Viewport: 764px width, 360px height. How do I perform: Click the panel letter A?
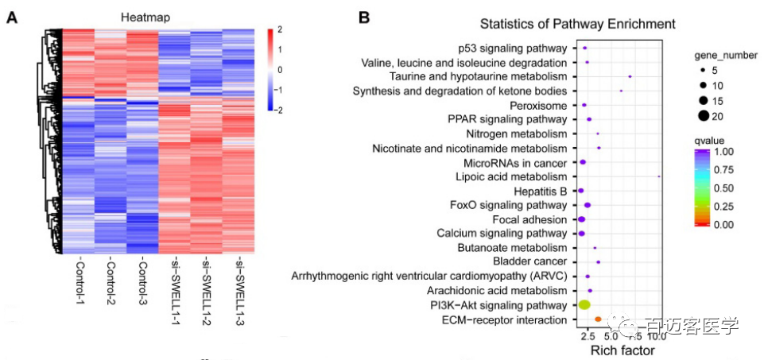[13, 17]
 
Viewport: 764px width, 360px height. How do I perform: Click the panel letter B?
[363, 17]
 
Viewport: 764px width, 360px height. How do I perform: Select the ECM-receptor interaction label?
[506, 319]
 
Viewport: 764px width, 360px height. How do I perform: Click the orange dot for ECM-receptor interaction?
[599, 319]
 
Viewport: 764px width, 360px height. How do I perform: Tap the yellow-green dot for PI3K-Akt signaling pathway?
[584, 305]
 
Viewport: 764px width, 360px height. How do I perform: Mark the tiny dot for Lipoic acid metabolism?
[659, 176]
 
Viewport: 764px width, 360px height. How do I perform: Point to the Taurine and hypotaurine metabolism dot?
[630, 77]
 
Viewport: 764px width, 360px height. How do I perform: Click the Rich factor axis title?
[622, 350]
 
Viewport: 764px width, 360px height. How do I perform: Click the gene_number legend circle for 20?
[704, 116]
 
